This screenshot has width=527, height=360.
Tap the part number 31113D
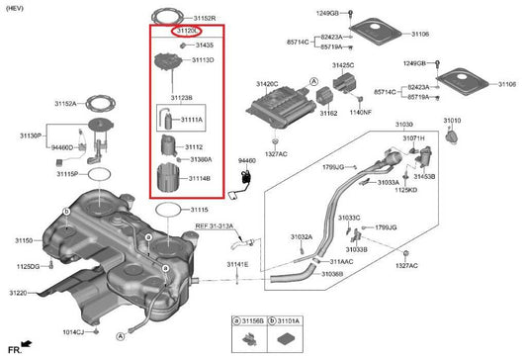tap(203, 60)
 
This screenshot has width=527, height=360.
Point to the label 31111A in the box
tap(192, 119)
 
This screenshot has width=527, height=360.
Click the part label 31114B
tap(201, 179)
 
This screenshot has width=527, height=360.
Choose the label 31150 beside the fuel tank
tap(24, 240)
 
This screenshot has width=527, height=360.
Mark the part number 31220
tap(20, 294)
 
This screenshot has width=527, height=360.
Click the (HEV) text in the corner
tap(16, 7)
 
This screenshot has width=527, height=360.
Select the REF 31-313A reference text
tap(215, 226)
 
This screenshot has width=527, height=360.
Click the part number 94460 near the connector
tap(248, 159)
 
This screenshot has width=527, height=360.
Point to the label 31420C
tap(267, 84)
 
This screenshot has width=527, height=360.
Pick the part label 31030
tap(404, 126)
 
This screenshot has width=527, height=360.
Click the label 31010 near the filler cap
tap(451, 120)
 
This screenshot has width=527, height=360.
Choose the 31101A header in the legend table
tap(288, 320)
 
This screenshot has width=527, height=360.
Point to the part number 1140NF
tap(361, 112)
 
